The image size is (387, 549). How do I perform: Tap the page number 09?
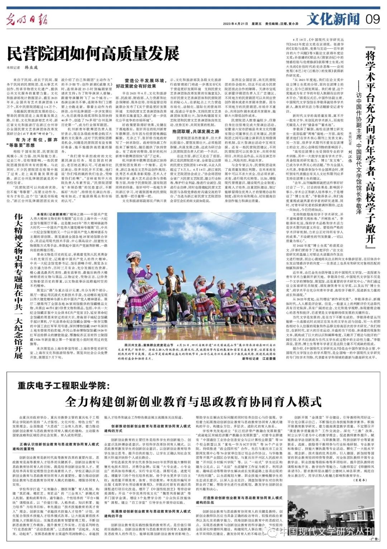point(373,19)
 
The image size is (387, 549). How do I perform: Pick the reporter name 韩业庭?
point(31,67)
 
